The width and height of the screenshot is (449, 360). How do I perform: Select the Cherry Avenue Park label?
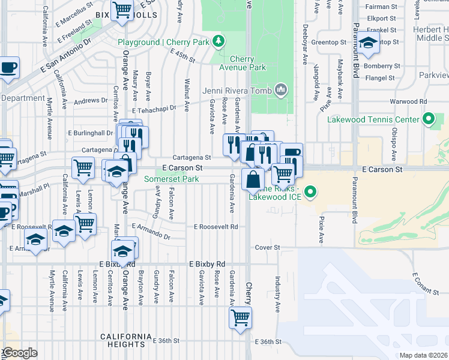point(248,64)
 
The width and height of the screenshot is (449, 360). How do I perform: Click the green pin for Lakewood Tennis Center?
point(428,119)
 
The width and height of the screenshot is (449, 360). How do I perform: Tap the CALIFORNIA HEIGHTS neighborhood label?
point(126,340)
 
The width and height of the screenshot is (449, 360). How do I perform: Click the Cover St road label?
point(268,247)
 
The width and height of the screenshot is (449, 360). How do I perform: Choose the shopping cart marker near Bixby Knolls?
point(122,10)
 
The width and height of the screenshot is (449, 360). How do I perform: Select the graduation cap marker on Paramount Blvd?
point(369,43)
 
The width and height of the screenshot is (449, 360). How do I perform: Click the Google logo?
point(19,353)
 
